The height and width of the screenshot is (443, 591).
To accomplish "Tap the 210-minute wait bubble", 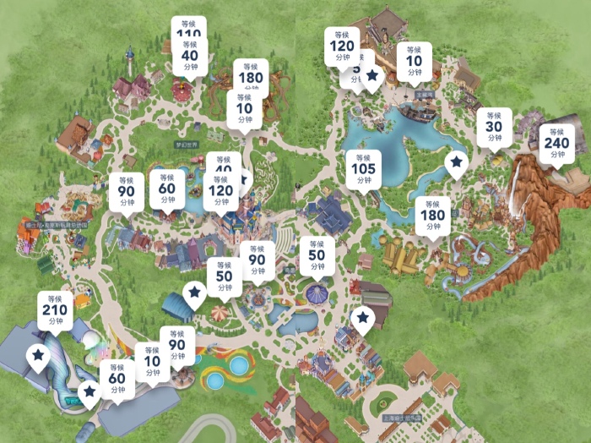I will tap(55, 309).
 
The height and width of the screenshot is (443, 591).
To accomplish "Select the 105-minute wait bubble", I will tap(363, 169).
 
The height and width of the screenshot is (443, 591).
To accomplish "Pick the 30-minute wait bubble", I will tap(494, 127).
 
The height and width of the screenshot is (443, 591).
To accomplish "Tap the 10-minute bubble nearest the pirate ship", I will tap(414, 61).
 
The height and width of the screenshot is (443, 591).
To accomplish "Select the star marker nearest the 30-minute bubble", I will tap(457, 162).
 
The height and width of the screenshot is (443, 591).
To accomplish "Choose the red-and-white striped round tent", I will tap(220, 314).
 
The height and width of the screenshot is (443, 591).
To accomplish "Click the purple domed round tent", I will tap(316, 294).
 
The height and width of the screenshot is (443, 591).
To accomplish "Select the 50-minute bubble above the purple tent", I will tap(317, 254).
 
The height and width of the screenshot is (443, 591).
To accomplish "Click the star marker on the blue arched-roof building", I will tap(194, 293).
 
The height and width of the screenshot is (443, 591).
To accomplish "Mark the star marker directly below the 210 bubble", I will tap(38, 356).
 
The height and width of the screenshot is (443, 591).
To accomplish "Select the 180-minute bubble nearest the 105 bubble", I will tap(431, 215).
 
